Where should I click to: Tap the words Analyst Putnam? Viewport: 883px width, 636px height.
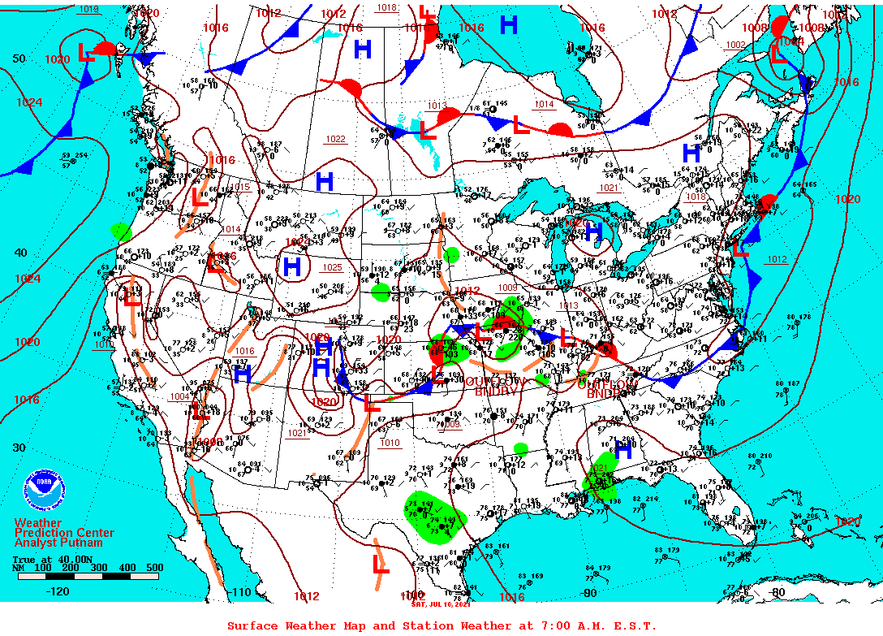[x=58, y=543]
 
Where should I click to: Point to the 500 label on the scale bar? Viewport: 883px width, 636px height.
[x=154, y=568]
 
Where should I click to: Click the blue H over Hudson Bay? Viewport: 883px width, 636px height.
[x=509, y=25]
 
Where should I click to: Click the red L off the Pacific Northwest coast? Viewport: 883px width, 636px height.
[x=85, y=54]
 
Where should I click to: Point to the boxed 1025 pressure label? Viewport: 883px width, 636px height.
[x=332, y=267]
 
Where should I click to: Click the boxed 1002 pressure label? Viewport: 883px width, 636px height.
[x=735, y=45]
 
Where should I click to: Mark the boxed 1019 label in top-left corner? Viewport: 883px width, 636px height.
[x=88, y=9]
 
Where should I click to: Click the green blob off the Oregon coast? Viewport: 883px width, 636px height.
[x=121, y=232]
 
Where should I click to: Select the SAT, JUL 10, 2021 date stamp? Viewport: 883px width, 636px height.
[x=441, y=603]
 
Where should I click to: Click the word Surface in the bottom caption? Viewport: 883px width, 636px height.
[x=252, y=625]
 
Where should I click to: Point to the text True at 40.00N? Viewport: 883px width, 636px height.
[x=44, y=560]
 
